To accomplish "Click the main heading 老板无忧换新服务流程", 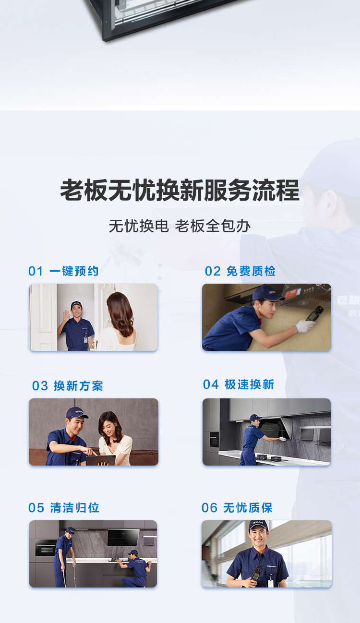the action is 180,191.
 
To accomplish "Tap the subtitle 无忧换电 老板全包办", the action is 180,226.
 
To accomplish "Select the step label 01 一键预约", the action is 63,271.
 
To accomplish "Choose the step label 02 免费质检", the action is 240,271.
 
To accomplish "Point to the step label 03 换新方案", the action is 68,386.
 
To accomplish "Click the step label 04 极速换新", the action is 239,384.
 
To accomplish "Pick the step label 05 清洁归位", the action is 64,508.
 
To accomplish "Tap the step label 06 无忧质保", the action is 237,508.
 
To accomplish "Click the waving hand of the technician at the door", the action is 66,315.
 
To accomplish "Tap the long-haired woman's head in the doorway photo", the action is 120,307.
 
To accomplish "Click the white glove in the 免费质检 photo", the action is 305,326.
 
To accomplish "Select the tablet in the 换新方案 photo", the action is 101,460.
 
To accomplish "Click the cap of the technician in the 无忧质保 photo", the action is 258,526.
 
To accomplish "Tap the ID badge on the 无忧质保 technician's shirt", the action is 270,583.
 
